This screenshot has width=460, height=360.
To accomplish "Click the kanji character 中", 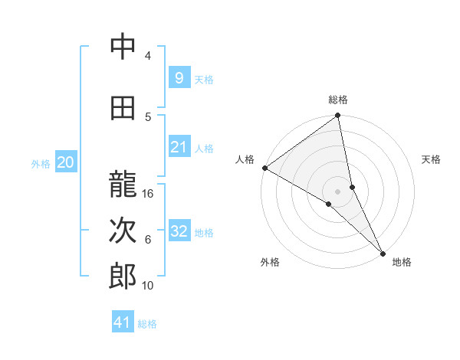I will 123,47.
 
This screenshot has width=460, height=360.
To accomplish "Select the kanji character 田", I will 123,109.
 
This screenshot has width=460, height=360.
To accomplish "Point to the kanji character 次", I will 123,231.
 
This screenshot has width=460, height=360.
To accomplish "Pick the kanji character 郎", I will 123,277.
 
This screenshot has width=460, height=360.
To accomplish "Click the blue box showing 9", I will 179,78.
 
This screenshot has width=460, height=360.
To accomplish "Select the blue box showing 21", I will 179,147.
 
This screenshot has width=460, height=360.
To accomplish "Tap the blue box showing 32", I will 179,231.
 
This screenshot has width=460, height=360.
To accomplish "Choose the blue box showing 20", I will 66,162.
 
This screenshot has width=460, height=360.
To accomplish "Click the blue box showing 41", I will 123,322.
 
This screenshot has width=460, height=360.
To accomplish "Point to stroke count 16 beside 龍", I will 149,194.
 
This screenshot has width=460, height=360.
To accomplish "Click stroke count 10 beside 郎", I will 149,286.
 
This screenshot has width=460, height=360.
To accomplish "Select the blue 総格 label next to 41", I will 147,324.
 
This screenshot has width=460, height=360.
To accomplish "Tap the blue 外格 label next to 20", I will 41,163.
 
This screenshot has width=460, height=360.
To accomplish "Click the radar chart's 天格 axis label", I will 431,159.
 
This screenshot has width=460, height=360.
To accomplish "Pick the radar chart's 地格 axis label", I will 402,262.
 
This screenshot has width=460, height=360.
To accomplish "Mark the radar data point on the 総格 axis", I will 338,116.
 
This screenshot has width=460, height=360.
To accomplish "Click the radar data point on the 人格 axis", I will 264,168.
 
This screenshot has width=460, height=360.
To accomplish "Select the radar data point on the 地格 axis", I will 383,252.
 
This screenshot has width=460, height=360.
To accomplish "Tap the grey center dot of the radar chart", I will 338,191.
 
